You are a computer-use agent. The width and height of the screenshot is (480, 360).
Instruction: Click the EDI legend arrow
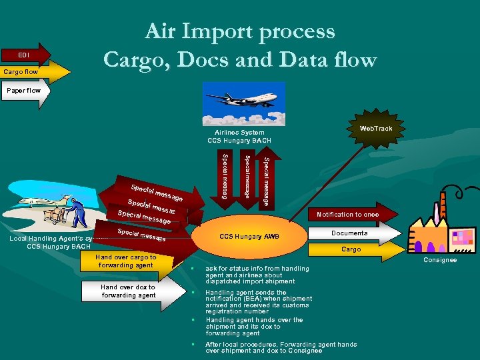click(x=25, y=55)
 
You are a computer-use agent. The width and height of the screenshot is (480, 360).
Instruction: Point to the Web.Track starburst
click(x=375, y=129)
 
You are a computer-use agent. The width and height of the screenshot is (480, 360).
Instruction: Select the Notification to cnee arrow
click(x=347, y=215)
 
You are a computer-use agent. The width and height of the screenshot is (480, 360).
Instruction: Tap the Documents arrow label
click(x=349, y=233)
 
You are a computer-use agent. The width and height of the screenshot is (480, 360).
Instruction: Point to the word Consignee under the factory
click(x=440, y=260)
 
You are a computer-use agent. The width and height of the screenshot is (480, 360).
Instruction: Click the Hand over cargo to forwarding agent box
click(x=126, y=261)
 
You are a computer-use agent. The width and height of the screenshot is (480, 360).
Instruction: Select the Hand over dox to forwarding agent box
click(x=128, y=291)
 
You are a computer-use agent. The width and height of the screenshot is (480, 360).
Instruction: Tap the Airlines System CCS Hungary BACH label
click(x=239, y=137)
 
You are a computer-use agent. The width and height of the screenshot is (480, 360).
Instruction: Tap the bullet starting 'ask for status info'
click(x=257, y=275)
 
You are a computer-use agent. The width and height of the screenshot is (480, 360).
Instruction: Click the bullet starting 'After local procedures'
click(x=281, y=347)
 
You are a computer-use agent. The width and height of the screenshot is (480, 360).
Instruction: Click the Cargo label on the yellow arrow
click(x=351, y=249)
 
